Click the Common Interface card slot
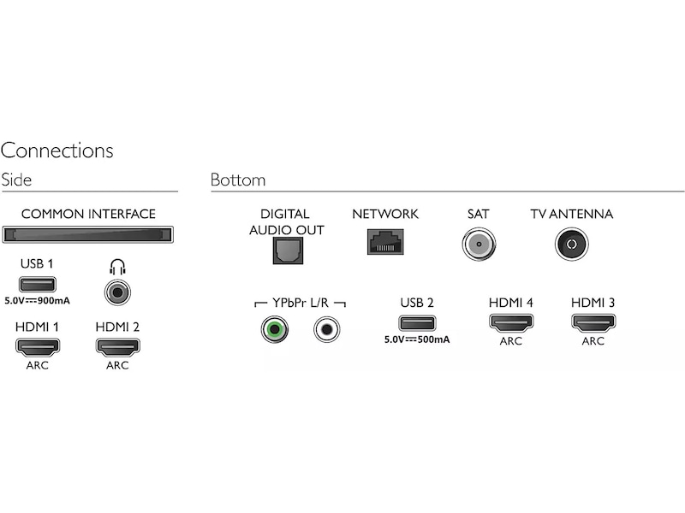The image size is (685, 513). click(87, 234)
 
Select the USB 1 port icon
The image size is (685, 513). click(38, 284)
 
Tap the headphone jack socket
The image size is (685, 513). click(117, 292)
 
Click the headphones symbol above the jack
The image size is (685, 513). click(116, 268)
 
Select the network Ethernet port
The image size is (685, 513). click(384, 242)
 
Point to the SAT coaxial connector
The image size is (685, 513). click(477, 246)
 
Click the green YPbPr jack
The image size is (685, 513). click(275, 329)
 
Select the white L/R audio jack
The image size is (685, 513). click(326, 329)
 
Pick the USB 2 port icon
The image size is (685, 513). click(417, 322)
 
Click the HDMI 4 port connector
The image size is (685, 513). click(510, 322)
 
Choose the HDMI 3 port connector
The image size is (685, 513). click(593, 322)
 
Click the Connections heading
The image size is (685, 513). click(57, 150)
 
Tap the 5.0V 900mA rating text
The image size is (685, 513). click(38, 301)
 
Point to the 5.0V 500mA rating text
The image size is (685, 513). click(417, 339)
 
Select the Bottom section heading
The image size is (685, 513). click(238, 180)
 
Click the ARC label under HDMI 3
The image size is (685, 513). click(593, 340)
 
